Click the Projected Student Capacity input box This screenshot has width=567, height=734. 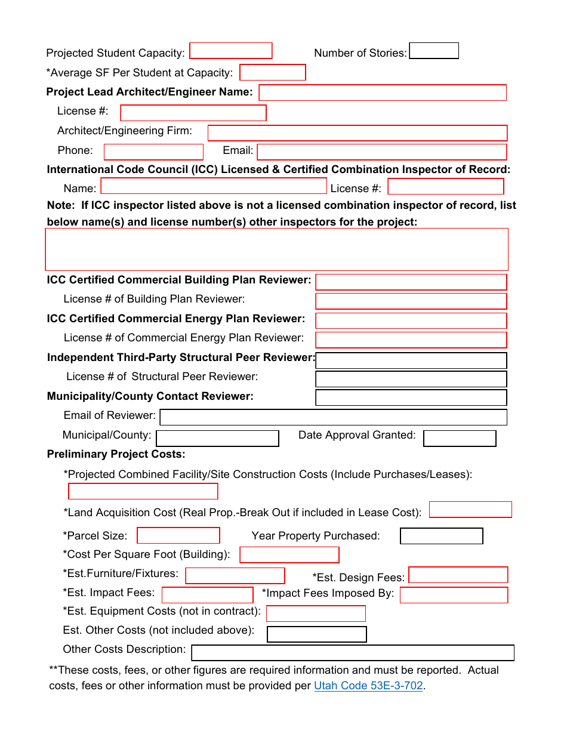(230, 51)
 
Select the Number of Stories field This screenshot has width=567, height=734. (434, 51)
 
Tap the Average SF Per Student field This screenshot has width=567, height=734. (272, 72)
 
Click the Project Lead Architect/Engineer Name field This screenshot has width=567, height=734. (382, 92)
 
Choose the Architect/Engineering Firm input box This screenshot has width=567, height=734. (357, 132)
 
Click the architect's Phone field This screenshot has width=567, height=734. (153, 152)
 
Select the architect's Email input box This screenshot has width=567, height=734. (381, 152)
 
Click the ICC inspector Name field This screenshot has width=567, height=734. (214, 186)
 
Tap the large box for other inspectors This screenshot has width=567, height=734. (276, 249)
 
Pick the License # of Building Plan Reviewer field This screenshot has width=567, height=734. (411, 301)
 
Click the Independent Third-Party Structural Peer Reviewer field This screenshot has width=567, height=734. (411, 360)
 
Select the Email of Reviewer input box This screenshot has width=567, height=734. (333, 417)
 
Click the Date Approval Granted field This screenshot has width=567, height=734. (460, 439)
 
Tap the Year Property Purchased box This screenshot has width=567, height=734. (441, 536)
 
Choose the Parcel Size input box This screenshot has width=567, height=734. (178, 535)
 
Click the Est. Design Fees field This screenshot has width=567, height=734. (458, 575)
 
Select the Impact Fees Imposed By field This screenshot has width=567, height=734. (454, 595)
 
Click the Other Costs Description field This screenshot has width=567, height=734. (352, 653)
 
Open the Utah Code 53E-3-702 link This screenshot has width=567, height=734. (368, 686)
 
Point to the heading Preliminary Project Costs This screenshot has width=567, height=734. (116, 454)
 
